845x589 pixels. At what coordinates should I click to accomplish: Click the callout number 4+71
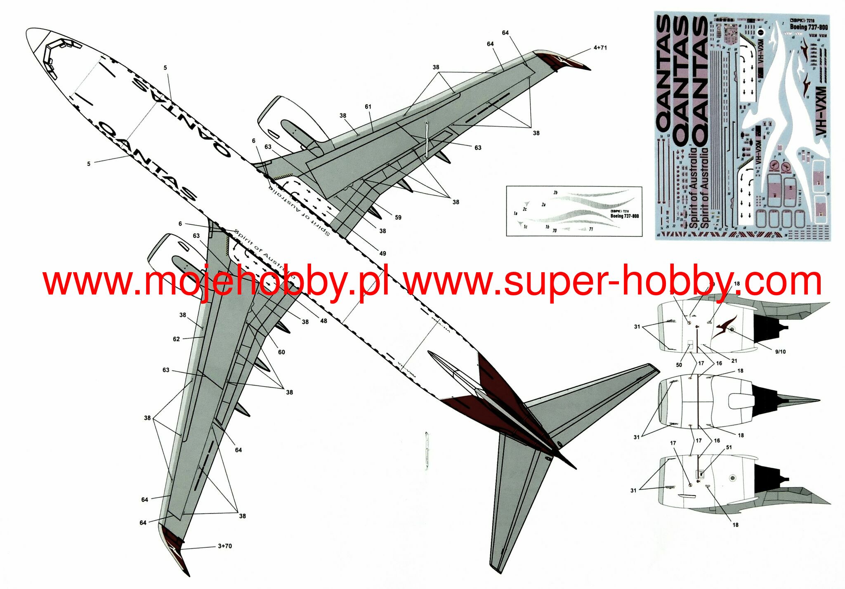click(600, 48)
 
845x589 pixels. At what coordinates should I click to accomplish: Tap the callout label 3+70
click(225, 546)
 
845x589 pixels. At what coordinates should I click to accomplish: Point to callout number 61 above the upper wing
click(368, 107)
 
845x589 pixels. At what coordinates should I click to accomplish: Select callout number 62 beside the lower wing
click(176, 339)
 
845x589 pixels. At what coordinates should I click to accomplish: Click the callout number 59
click(398, 217)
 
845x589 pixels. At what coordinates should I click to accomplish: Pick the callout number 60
click(281, 352)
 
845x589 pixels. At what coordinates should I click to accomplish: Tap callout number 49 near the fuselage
click(382, 253)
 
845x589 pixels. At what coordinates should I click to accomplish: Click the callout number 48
click(323, 321)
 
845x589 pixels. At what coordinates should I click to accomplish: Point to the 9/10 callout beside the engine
click(780, 352)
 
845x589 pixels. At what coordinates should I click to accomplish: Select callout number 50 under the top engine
click(679, 365)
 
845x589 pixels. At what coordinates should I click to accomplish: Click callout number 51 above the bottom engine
click(729, 447)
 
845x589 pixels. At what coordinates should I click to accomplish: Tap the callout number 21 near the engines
click(734, 360)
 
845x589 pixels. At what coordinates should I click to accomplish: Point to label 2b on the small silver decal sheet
click(555, 193)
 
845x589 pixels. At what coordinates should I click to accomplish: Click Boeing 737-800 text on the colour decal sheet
click(809, 27)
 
